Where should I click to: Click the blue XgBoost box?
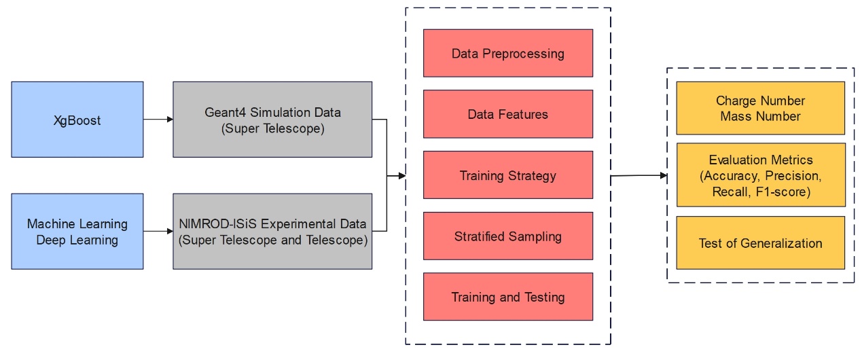77,120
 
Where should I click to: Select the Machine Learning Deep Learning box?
77,232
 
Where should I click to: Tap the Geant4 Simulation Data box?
272,120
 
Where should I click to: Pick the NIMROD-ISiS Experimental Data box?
272,232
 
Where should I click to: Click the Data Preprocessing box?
507,53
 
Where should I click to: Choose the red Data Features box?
507,114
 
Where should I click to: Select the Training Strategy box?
507,175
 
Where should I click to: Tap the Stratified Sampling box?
507,236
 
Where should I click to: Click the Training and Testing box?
507,297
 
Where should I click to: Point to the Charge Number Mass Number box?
760,108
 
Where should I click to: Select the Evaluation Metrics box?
760,175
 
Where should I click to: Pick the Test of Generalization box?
760,242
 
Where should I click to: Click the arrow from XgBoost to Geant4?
158,120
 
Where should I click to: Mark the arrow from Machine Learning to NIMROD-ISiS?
158,232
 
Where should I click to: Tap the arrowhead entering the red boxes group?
401,176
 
